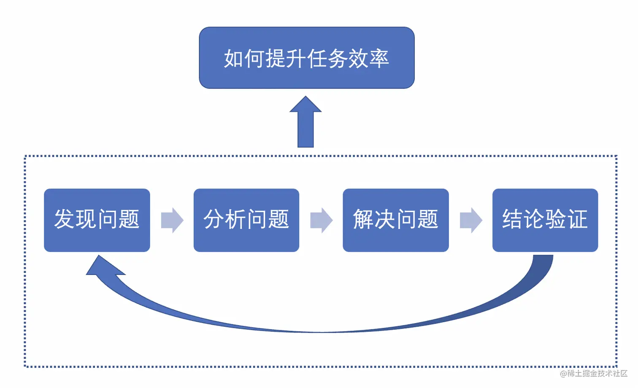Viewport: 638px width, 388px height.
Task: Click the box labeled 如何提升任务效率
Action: tap(307, 58)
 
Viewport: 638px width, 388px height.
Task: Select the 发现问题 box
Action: tap(97, 220)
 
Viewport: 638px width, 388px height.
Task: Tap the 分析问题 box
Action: tap(246, 220)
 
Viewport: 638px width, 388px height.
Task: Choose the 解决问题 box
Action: tap(395, 220)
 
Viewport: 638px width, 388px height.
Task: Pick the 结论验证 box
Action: tap(545, 220)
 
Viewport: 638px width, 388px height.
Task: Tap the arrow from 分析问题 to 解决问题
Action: tap(321, 220)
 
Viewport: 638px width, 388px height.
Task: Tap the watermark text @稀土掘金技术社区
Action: tap(594, 373)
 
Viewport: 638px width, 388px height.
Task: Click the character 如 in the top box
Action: tap(233, 59)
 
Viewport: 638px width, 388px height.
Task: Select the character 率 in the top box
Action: tap(378, 59)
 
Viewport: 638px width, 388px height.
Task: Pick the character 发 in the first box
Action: tap(65, 219)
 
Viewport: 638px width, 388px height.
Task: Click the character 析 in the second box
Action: tap(235, 219)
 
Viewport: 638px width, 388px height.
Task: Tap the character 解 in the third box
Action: tap(363, 219)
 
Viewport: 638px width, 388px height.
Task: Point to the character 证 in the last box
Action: tap(577, 219)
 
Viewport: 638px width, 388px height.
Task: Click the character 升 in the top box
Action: tap(295, 59)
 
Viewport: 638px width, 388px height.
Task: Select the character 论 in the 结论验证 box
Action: tap(534, 219)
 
